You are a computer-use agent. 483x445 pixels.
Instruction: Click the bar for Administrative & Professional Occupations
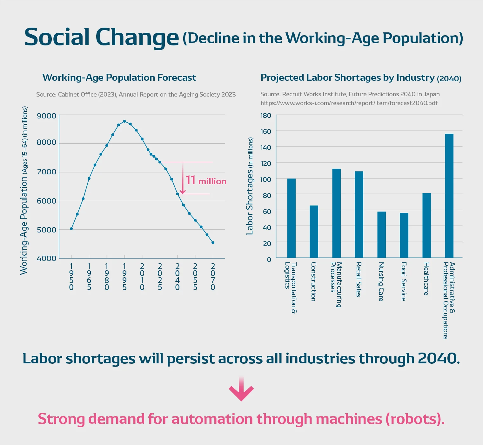click(x=449, y=196)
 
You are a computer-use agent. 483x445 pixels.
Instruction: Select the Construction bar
click(x=314, y=232)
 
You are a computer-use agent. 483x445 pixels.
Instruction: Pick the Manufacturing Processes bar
click(x=336, y=213)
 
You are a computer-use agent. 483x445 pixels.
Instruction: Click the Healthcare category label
click(x=426, y=279)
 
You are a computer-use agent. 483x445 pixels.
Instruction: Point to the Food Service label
click(x=404, y=281)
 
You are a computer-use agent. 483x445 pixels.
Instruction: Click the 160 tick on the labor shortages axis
click(x=266, y=131)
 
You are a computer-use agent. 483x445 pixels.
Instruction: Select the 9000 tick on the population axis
click(x=46, y=116)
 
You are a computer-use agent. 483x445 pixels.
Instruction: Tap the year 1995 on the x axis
click(x=124, y=277)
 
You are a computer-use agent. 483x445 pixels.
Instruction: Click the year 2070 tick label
click(x=213, y=277)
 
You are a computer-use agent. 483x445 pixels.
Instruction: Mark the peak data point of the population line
click(x=124, y=121)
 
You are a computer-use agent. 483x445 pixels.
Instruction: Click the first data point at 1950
click(x=71, y=229)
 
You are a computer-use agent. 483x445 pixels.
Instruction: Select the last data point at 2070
click(x=213, y=243)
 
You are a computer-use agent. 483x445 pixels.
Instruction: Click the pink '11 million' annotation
click(x=206, y=181)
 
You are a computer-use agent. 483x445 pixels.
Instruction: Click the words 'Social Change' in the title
click(x=102, y=37)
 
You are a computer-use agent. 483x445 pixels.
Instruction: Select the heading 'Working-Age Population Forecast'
click(x=119, y=78)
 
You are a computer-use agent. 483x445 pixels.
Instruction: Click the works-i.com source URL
click(x=349, y=103)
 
